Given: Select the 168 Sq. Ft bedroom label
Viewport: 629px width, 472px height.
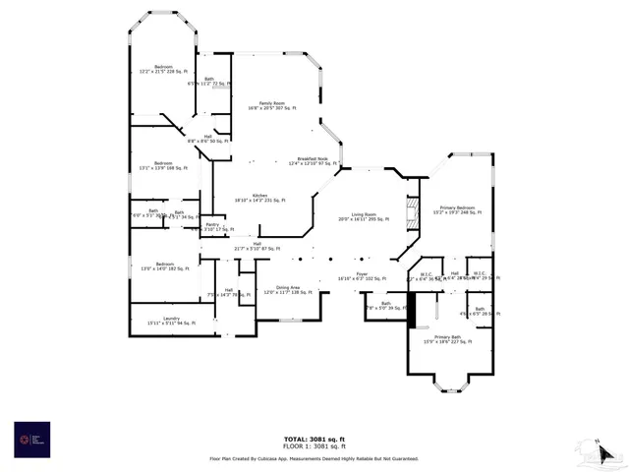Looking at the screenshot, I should coord(163,165).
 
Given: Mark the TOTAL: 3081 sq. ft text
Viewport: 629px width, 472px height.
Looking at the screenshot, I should coord(314,439).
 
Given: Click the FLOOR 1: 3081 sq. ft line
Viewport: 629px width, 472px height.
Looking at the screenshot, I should coord(314,446).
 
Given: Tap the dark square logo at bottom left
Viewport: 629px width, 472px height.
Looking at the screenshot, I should coord(31,438).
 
